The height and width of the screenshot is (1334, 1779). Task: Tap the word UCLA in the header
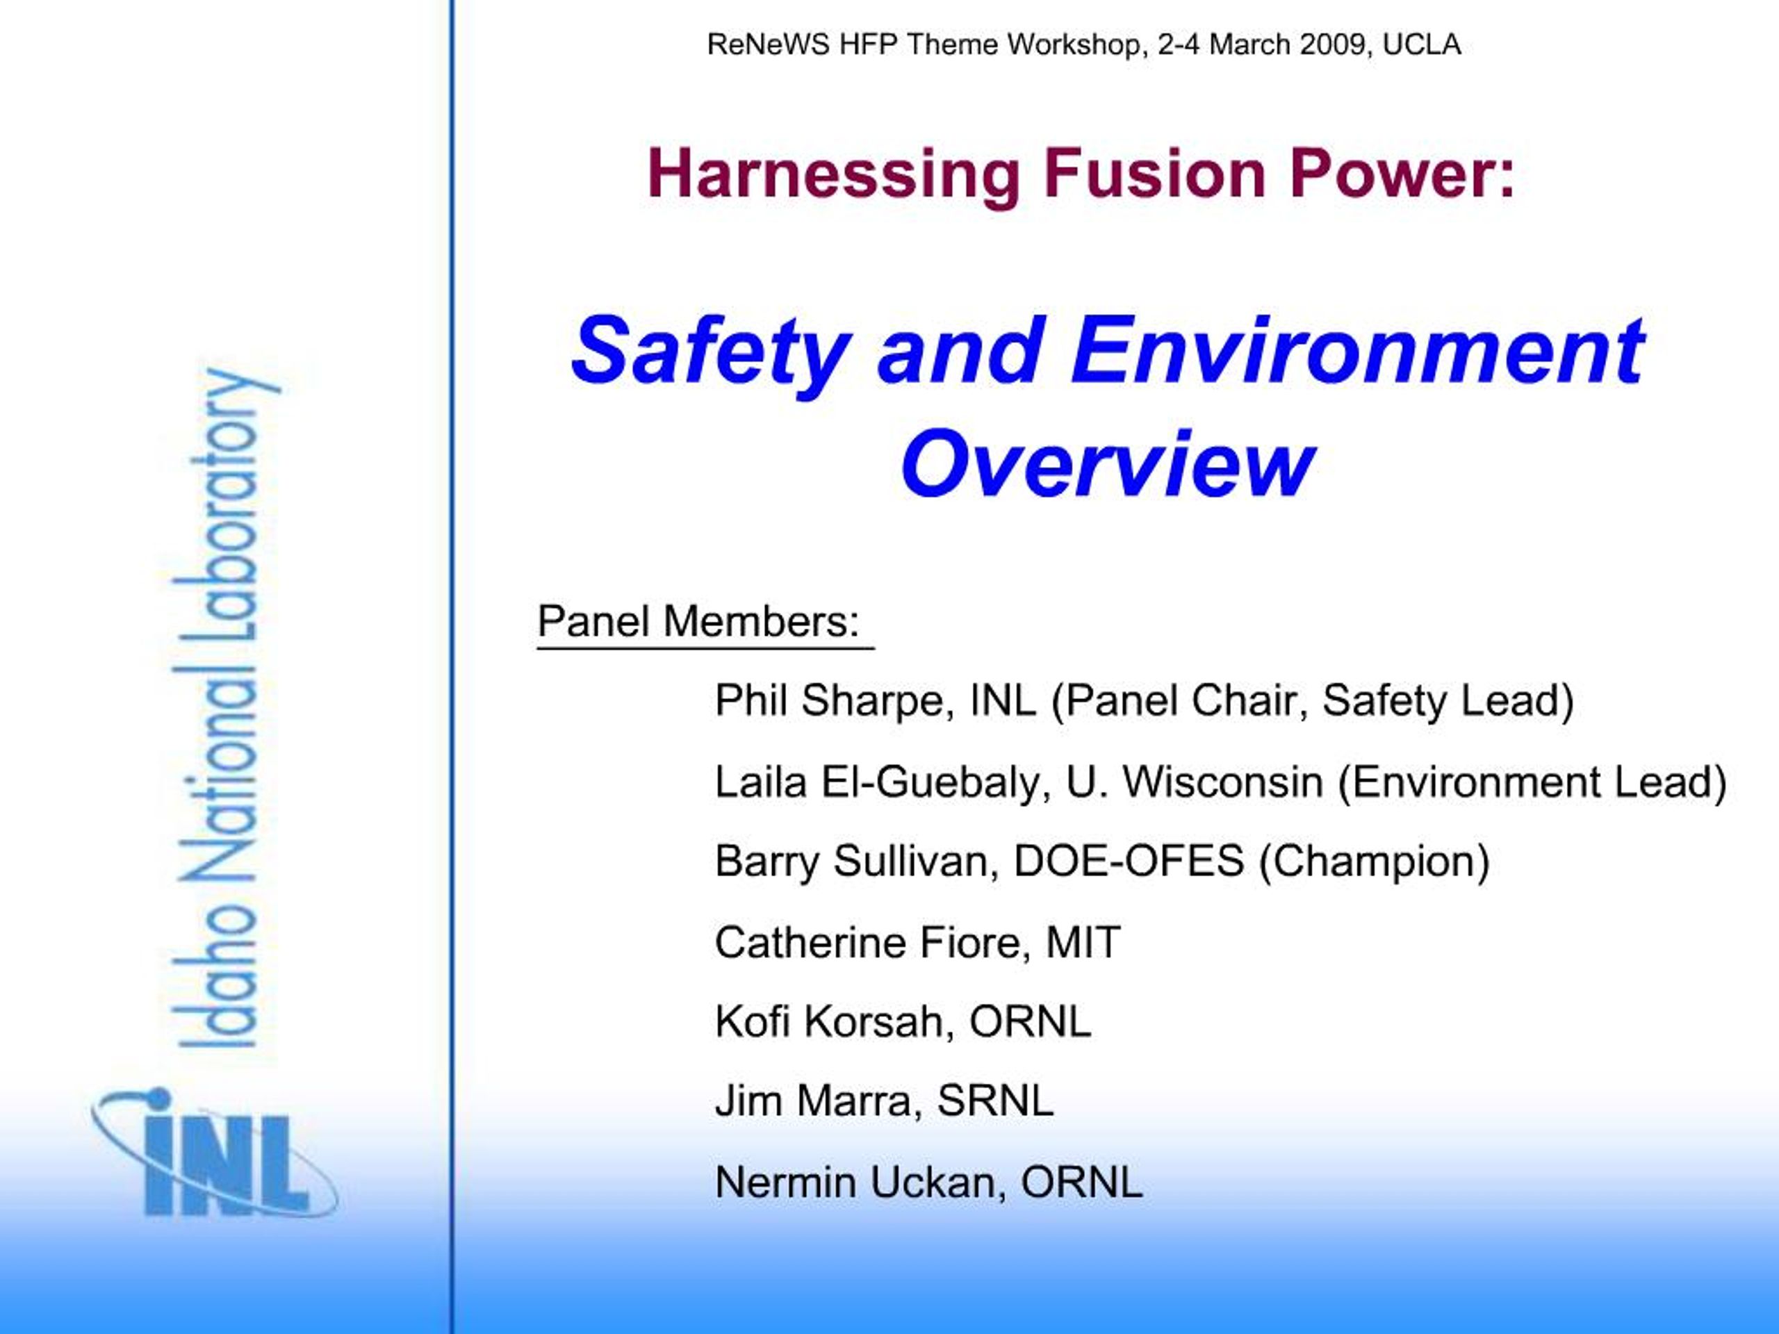click(x=1421, y=45)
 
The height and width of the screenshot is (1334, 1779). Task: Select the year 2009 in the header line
click(x=1329, y=45)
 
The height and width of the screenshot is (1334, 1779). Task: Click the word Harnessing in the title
click(x=833, y=175)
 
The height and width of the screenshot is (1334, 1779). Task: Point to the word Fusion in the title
click(x=1154, y=174)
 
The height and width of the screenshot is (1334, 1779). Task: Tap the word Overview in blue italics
click(x=1108, y=464)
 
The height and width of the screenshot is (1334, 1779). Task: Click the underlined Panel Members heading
click(x=698, y=622)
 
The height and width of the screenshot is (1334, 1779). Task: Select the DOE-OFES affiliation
click(x=1129, y=860)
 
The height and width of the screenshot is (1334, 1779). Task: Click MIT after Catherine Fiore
click(x=1083, y=942)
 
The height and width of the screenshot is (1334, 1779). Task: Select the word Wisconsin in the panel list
click(x=1222, y=782)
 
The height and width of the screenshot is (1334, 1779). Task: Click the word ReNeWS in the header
click(x=768, y=45)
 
